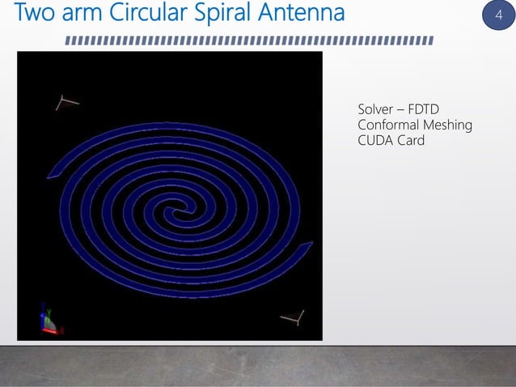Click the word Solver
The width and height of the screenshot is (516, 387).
[377, 109]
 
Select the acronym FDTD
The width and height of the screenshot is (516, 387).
[433, 109]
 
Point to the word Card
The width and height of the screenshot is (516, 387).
[411, 141]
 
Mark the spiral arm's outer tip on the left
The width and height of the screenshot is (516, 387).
[52, 173]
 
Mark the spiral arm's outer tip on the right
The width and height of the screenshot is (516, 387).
[309, 245]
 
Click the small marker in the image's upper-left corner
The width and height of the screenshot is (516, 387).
[67, 102]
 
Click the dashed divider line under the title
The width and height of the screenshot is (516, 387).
[249, 40]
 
